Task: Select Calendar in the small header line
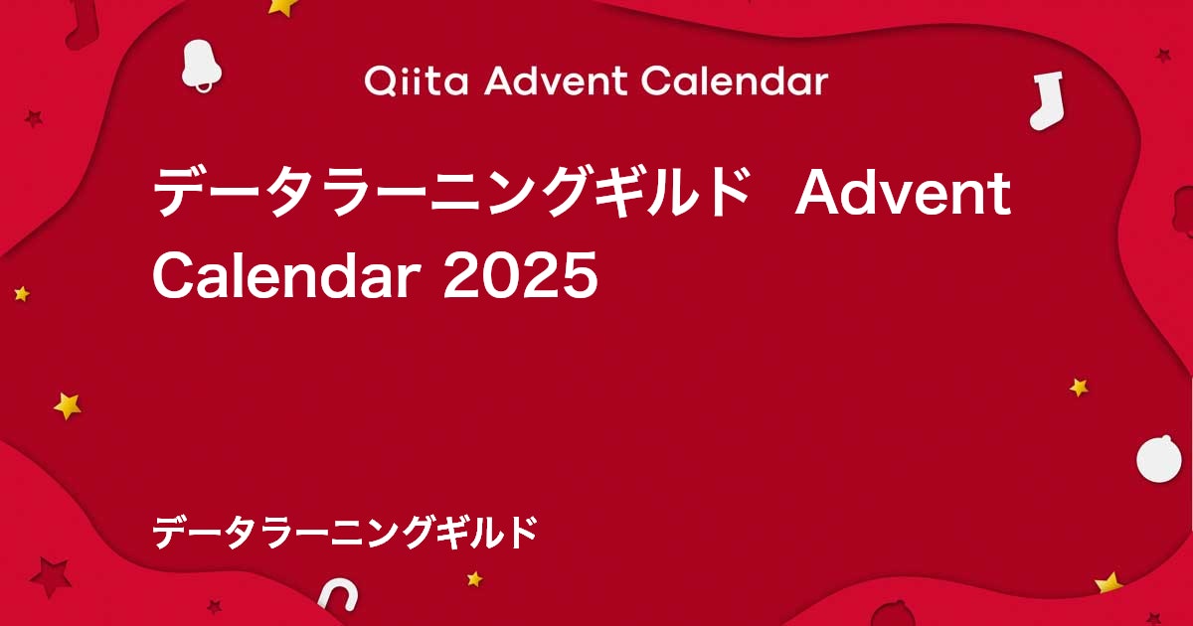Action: click(x=734, y=81)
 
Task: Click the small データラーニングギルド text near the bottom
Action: click(x=345, y=533)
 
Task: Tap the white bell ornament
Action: click(x=200, y=66)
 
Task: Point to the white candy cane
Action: click(x=339, y=595)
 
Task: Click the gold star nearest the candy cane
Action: click(x=474, y=578)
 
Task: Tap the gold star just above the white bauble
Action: click(x=1079, y=388)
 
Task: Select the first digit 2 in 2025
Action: click(x=460, y=275)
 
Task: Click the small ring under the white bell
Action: click(x=203, y=87)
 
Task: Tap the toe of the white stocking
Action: click(x=1039, y=120)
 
